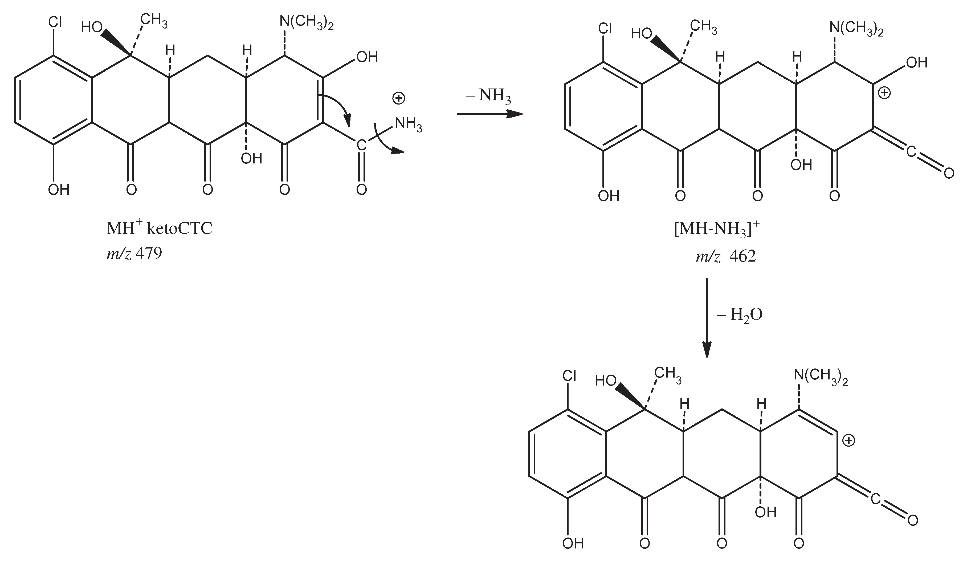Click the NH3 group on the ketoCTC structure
tap(408, 124)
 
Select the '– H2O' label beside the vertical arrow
tap(739, 315)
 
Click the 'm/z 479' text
tap(134, 254)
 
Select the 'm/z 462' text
tap(726, 257)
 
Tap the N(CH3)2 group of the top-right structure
tap(856, 29)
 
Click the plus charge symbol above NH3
tap(399, 99)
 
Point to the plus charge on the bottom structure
tap(848, 440)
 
